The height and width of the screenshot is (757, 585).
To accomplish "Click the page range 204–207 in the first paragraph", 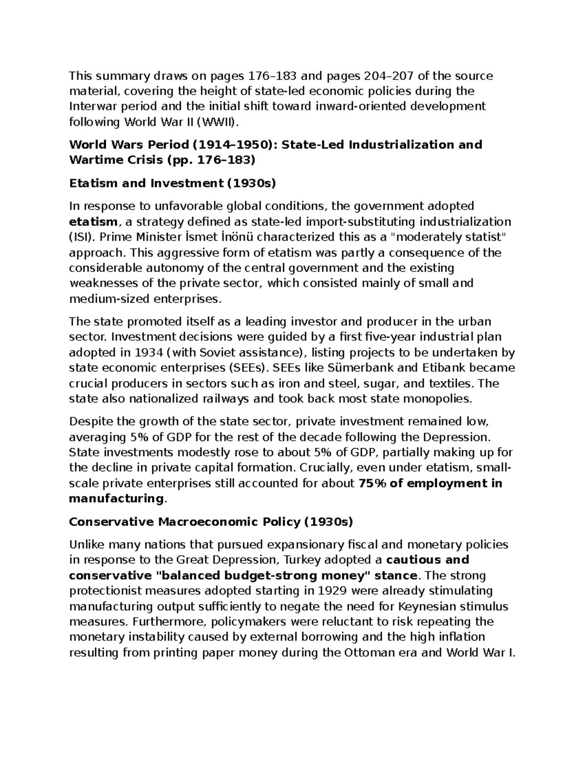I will coord(386,76).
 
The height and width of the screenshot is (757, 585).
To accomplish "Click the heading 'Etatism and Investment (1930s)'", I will coord(173,183).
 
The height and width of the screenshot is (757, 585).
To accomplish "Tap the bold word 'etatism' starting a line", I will coord(93,222).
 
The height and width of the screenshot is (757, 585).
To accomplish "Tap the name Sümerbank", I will coord(347,368).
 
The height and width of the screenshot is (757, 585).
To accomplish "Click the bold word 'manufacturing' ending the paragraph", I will coord(116,499).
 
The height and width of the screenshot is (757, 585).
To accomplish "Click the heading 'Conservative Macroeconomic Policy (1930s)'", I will coord(210,522).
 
